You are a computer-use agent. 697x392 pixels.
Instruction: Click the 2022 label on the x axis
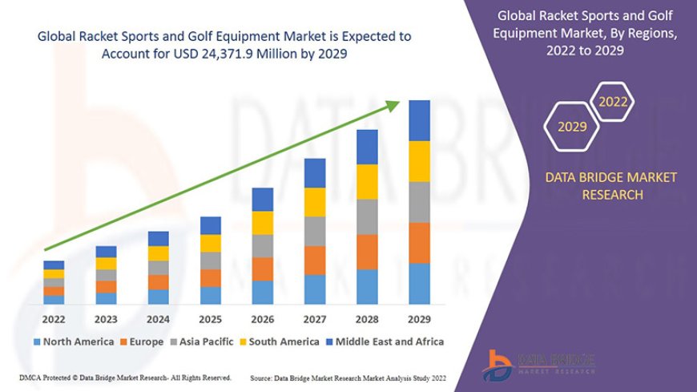(x=54, y=318)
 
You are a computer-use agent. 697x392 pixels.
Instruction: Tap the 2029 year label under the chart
(x=419, y=318)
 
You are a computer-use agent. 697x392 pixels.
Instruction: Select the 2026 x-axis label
(x=263, y=318)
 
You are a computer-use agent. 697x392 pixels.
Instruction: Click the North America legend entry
(x=73, y=341)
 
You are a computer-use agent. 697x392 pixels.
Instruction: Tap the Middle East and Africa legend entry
(x=385, y=341)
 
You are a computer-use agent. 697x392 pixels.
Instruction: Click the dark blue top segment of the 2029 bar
(x=419, y=120)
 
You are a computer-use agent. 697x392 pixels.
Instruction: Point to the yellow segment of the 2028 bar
(x=367, y=181)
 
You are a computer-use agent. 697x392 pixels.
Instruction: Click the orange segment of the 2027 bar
(x=315, y=260)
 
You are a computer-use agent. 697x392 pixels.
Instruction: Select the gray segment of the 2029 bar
(x=419, y=202)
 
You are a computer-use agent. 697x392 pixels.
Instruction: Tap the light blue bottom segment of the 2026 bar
(x=263, y=293)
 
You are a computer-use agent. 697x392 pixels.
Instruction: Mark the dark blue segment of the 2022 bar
(x=54, y=265)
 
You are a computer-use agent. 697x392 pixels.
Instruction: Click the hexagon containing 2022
(x=613, y=102)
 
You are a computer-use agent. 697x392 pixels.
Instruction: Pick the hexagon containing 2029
(x=572, y=127)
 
